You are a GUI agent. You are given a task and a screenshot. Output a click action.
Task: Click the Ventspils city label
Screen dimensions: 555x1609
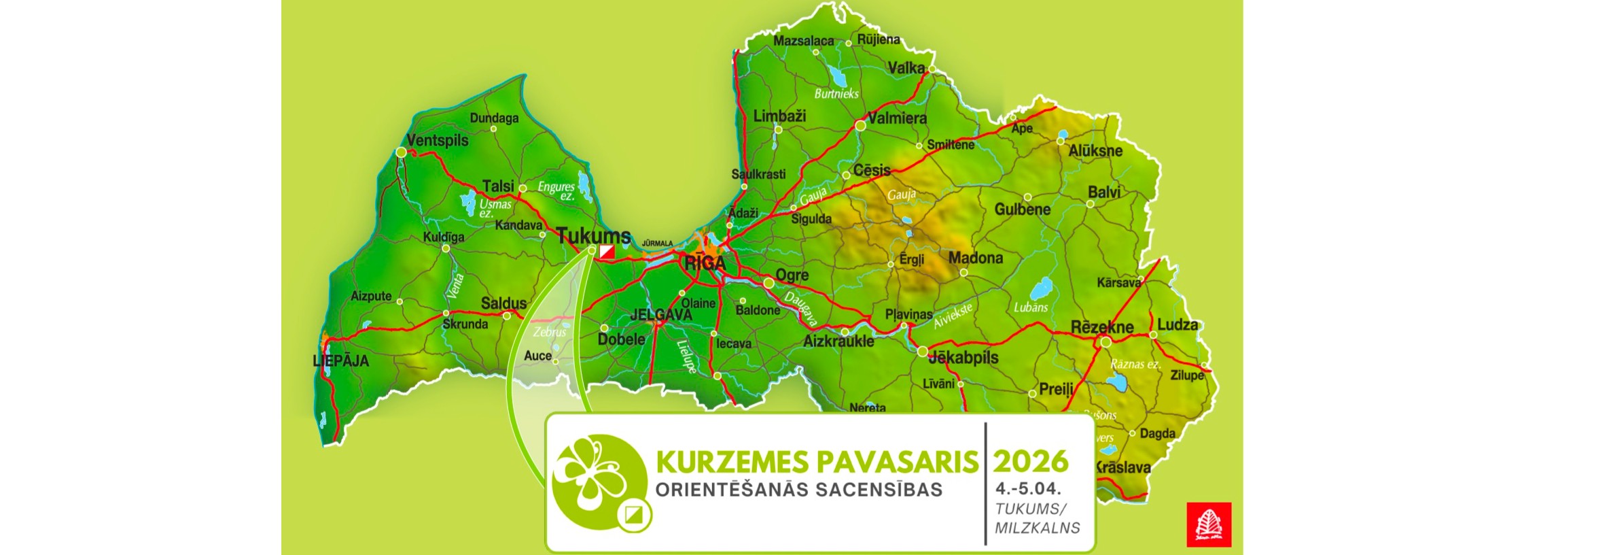[438, 141]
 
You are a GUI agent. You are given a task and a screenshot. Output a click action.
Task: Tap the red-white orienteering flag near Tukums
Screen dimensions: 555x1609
[607, 252]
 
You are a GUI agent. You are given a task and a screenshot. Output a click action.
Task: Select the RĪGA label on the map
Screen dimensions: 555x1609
[705, 264]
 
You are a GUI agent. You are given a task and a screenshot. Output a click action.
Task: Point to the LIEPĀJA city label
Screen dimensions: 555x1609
[340, 361]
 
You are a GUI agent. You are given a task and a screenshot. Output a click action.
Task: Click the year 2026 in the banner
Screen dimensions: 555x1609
[1031, 462]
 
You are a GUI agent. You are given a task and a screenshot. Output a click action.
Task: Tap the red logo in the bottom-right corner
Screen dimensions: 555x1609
[1209, 524]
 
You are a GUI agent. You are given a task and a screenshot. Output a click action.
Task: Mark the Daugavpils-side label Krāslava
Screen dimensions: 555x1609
[1123, 468]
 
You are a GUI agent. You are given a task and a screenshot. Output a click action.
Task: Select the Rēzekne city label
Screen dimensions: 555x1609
[1102, 327]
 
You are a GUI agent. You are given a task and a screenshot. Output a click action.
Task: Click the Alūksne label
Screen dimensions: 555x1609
[1095, 151]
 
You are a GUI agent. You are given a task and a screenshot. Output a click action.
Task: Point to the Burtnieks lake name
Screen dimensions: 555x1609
[836, 94]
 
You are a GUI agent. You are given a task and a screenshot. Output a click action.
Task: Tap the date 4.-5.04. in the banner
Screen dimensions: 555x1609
[1028, 488]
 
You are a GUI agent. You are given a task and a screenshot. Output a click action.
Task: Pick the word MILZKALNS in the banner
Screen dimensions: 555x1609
[1037, 528]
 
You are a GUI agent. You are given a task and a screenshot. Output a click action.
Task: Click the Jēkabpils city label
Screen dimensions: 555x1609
[963, 358]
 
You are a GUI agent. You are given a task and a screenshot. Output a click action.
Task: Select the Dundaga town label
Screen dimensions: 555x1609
[494, 118]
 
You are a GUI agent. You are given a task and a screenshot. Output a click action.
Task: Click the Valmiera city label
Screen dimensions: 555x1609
[898, 118]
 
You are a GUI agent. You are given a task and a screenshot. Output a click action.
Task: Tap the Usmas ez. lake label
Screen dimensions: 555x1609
[495, 208]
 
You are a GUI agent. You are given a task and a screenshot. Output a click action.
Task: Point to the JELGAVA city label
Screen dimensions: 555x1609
[661, 315]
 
